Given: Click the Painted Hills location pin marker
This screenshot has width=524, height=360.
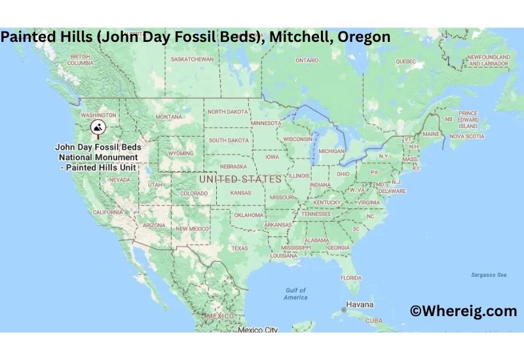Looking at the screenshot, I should [x=98, y=128].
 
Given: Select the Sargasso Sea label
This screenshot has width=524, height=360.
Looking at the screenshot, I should [x=489, y=275].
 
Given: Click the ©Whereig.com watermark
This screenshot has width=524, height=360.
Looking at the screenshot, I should [x=463, y=312].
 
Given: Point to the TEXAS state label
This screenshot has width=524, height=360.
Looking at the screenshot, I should [x=239, y=248].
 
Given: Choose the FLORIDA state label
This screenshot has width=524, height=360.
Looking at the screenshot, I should [x=351, y=278].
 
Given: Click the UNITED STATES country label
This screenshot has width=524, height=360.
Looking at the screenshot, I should [x=240, y=179].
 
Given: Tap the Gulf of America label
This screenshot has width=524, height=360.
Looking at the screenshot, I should [x=295, y=293].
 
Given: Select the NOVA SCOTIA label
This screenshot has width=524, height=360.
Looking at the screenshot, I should [x=466, y=136].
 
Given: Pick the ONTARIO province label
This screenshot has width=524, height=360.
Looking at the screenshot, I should [x=307, y=60].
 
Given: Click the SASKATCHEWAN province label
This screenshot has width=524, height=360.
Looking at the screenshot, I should [x=192, y=59].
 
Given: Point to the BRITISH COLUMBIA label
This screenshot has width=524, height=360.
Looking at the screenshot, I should [x=81, y=60].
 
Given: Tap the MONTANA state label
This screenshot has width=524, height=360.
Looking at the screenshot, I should [x=168, y=117].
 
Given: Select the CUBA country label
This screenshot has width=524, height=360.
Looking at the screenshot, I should [x=373, y=321].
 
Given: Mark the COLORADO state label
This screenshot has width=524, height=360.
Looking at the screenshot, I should [x=194, y=193].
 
